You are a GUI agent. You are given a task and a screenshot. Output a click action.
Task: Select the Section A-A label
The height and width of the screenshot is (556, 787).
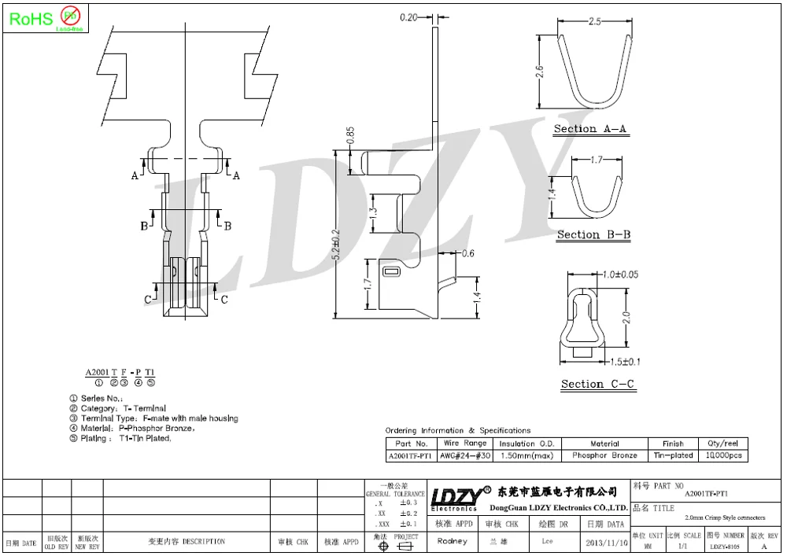click(x=590, y=129)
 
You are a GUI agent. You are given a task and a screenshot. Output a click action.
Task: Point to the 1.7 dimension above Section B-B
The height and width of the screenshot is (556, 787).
click(x=596, y=160)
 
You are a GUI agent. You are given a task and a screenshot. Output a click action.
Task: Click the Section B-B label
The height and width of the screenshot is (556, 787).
click(x=593, y=234)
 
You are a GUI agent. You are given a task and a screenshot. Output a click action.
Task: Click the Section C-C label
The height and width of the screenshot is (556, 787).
click(x=597, y=384)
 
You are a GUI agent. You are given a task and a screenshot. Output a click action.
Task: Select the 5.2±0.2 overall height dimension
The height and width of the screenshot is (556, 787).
click(x=336, y=245)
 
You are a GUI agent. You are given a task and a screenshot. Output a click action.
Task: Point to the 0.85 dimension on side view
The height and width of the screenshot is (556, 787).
click(x=350, y=136)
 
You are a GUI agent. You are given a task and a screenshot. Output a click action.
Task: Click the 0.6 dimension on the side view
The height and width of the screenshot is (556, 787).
click(x=467, y=253)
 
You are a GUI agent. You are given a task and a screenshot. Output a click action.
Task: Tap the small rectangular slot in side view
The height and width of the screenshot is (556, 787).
click(x=391, y=272)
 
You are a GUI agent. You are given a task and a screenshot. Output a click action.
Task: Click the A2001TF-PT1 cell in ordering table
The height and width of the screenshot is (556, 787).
click(x=411, y=456)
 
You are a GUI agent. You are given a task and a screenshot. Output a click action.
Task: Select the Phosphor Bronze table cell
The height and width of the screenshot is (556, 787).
click(x=604, y=456)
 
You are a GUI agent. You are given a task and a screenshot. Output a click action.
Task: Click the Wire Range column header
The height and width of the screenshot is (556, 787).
click(x=464, y=444)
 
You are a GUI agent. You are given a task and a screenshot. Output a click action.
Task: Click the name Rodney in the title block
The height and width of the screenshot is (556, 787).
click(x=452, y=541)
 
